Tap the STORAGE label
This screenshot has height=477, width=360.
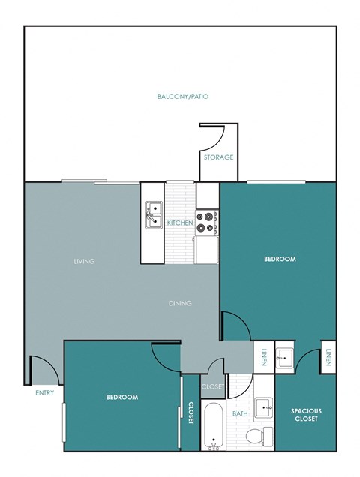218,157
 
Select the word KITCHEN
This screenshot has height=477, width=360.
180,223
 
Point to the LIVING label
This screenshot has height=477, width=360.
83,261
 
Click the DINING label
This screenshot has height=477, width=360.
180,303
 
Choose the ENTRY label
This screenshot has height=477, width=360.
44,392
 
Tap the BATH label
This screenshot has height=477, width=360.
240,413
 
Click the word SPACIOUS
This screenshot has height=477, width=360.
306,410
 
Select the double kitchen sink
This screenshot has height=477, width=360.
154,215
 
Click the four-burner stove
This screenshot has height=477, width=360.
207,220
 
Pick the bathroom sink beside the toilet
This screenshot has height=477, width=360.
264,409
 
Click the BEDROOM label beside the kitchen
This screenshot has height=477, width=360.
279,259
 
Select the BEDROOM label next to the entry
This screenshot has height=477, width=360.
121,397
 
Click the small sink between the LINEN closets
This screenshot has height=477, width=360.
286,356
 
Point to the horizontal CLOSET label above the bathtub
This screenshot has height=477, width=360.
213,387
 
